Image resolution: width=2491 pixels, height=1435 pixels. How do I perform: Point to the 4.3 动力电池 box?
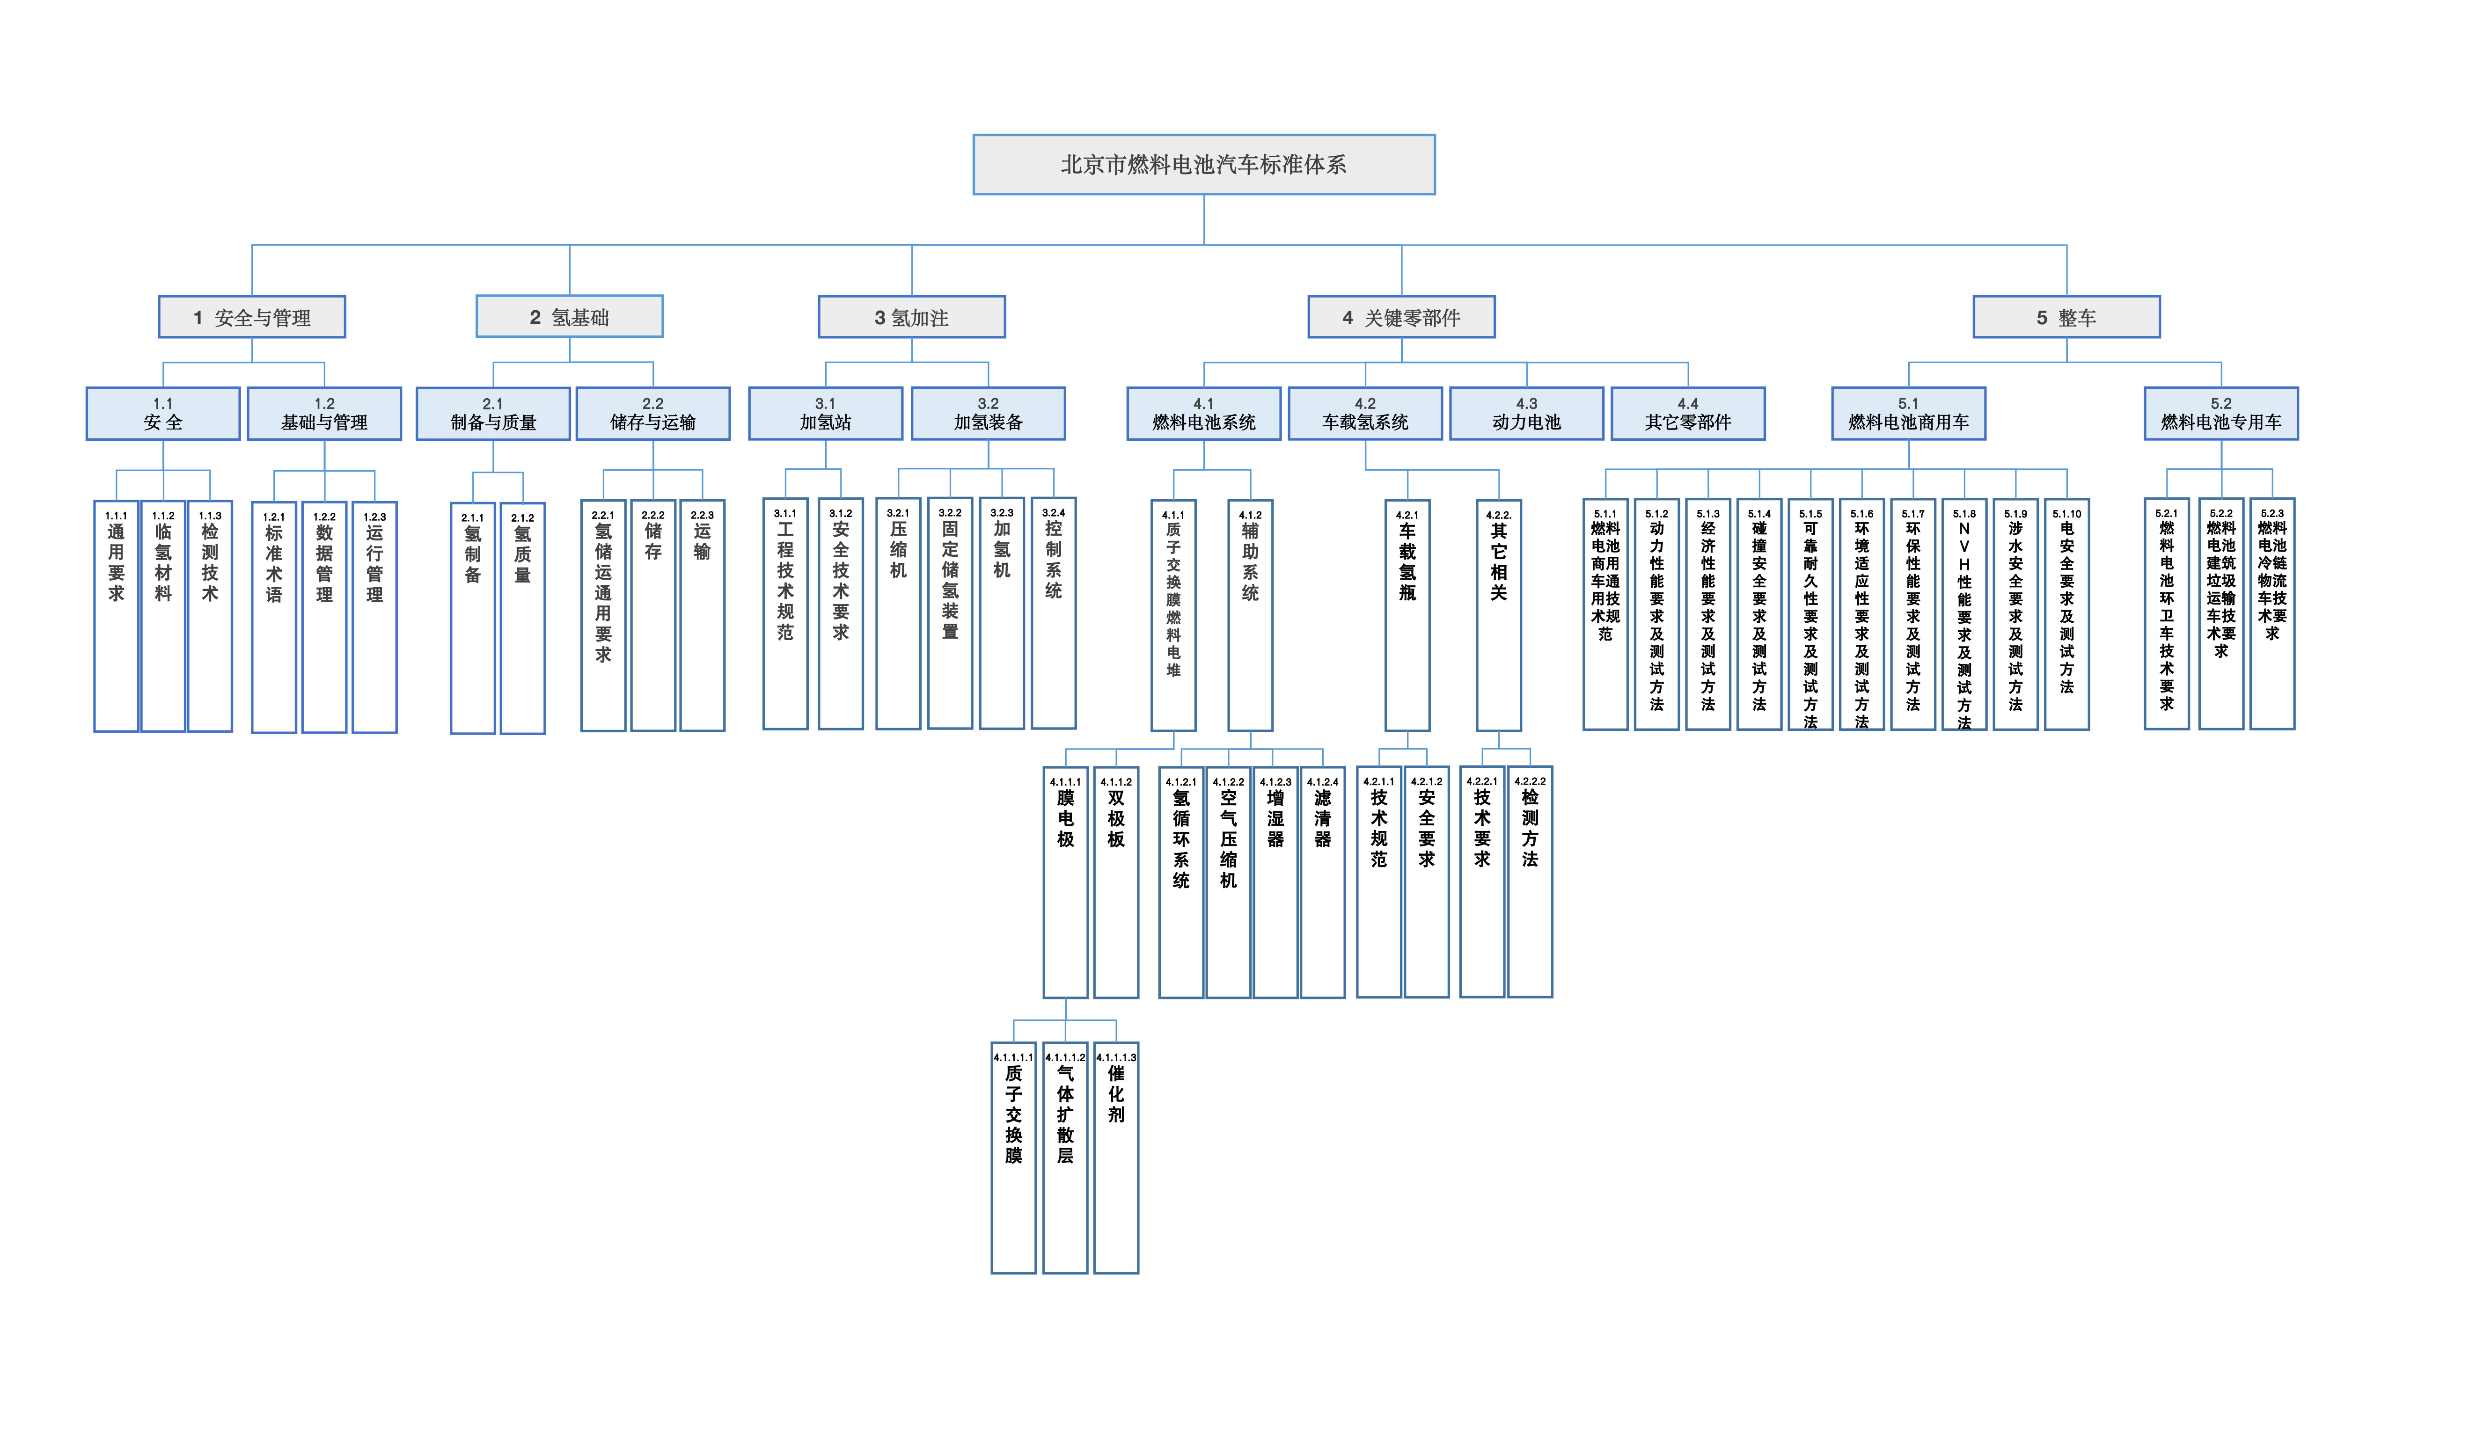(x=1526, y=414)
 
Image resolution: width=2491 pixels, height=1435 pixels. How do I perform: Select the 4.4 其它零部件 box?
(x=1688, y=414)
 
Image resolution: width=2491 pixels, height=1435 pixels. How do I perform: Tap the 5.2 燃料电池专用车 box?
(x=2221, y=414)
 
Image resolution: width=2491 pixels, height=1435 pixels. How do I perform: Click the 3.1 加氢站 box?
(x=825, y=414)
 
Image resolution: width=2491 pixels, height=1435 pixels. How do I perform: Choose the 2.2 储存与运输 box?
(x=652, y=414)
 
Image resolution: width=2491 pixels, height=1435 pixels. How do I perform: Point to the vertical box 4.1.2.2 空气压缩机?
(x=1228, y=882)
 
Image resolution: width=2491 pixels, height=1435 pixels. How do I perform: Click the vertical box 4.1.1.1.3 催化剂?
(x=1116, y=1158)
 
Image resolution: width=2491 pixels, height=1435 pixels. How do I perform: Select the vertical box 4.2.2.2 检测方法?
(x=1530, y=882)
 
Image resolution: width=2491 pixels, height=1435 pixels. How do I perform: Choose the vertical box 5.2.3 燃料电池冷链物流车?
(x=2272, y=613)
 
